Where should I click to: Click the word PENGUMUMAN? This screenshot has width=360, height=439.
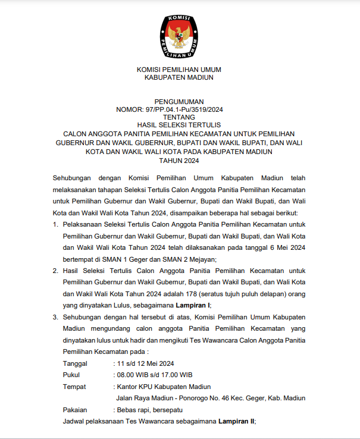coord(179,102)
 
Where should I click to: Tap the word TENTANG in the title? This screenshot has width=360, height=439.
coord(179,118)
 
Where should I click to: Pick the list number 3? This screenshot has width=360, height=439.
coord(55,318)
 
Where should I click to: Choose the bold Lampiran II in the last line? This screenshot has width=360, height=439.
coord(236,421)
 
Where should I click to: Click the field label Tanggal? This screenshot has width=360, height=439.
coord(75,363)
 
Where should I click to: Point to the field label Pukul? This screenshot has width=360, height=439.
coord(71,375)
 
